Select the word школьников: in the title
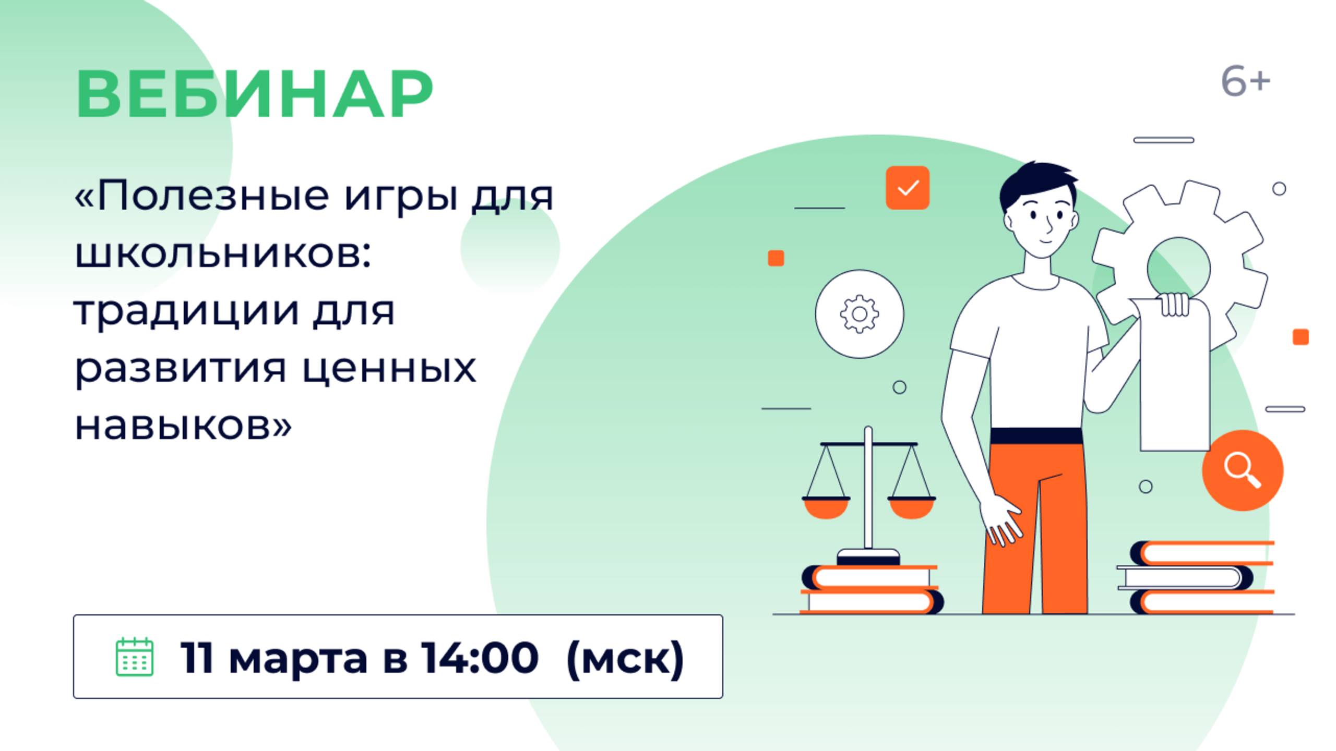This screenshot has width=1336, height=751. click(x=223, y=254)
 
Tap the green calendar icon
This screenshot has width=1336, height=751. click(x=134, y=657)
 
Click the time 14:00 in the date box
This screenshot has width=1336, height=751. click(x=480, y=657)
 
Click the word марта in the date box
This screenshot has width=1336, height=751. click(x=299, y=659)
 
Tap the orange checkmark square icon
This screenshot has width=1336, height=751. click(x=908, y=188)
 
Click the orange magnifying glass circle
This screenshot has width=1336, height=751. click(x=1243, y=470)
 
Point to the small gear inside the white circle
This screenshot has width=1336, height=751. click(x=860, y=314)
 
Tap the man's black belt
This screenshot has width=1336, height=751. click(x=1036, y=436)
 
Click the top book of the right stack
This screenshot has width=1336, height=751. click(x=1202, y=553)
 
